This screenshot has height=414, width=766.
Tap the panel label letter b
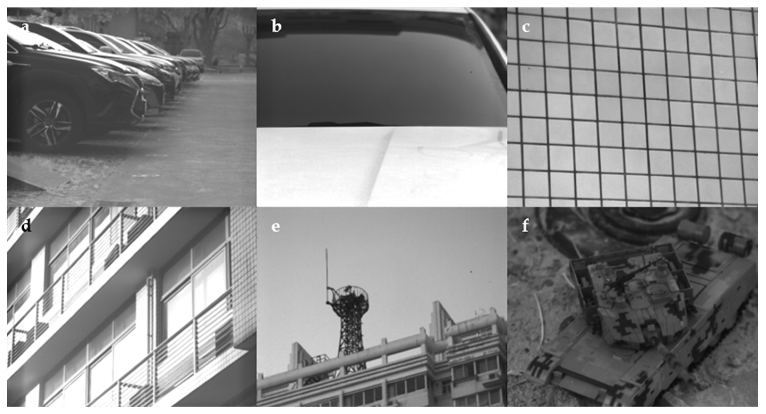[276, 27]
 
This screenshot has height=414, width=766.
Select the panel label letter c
[526, 27]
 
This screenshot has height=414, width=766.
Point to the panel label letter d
[26, 226]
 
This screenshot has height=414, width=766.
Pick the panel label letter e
[276, 227]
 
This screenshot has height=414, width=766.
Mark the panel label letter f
[525, 226]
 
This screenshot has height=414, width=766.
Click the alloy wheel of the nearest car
[48, 123]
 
